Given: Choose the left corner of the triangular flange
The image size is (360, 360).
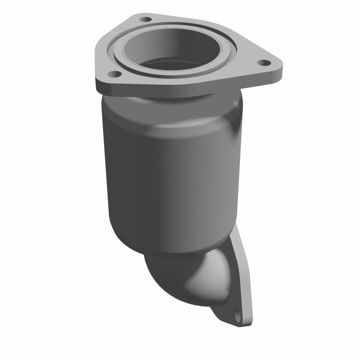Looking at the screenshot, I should (x=97, y=81).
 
